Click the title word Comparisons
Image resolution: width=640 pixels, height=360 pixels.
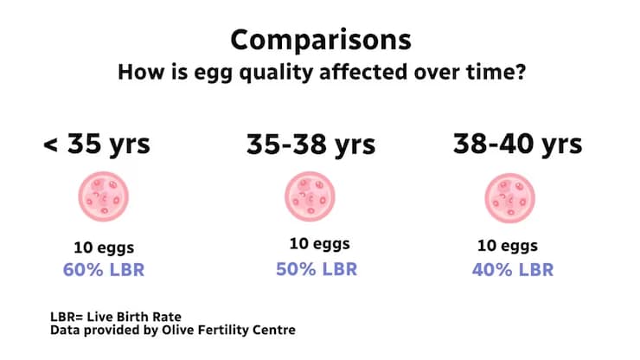(x=320, y=40)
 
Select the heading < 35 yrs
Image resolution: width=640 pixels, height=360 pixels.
(x=96, y=144)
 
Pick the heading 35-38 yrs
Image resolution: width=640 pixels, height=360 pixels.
(x=310, y=145)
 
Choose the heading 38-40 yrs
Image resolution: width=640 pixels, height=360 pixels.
(x=518, y=144)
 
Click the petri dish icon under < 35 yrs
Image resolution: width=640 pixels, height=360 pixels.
(x=103, y=196)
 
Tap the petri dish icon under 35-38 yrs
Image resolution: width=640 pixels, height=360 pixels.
(x=310, y=196)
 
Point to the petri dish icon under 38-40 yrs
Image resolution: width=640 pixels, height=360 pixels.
(x=509, y=196)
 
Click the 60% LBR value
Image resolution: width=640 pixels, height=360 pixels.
(x=103, y=269)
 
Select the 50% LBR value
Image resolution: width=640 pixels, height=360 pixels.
(x=317, y=269)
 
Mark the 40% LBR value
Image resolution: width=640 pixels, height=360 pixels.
(x=513, y=269)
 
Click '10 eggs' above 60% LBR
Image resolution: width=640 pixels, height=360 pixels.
(x=103, y=247)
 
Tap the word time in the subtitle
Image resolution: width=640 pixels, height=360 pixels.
(x=484, y=73)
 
